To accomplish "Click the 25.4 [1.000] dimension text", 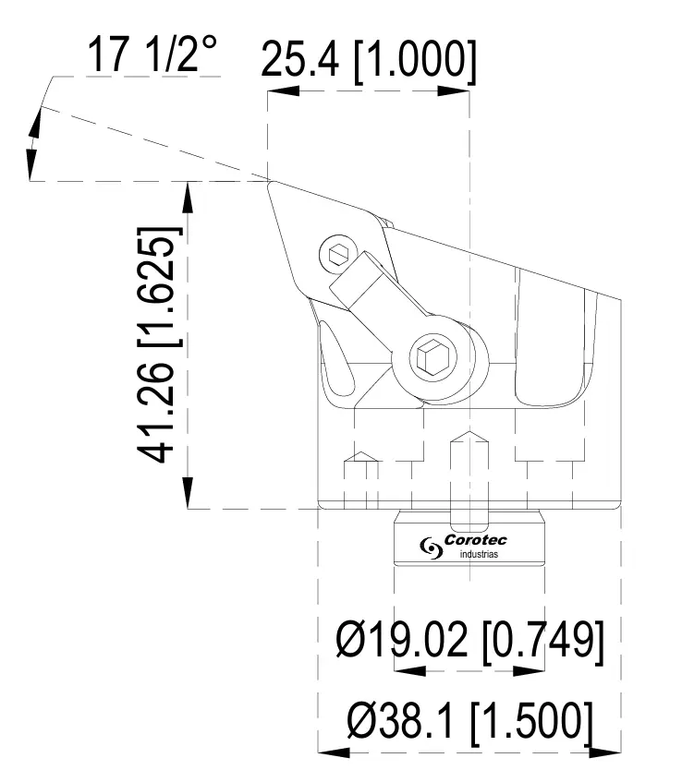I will coord(369,61).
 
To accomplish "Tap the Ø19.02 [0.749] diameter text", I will coord(472,639).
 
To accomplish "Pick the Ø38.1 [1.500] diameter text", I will coord(469,719).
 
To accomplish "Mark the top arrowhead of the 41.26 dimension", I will coord(189,194).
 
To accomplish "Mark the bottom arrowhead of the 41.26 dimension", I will coord(189,494).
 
